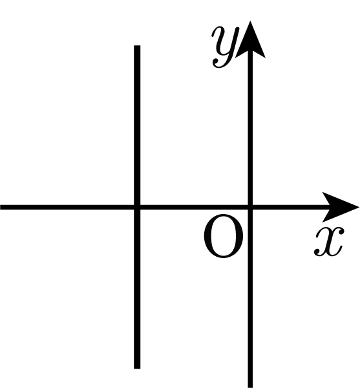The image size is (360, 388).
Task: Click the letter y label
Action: click(226, 47)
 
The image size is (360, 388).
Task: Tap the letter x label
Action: click(329, 241)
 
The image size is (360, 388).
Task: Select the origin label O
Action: click(224, 236)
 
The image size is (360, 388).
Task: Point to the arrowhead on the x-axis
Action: click(341, 207)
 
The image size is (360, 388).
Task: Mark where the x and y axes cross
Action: click(251, 207)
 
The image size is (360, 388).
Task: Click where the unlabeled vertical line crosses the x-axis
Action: click(137, 207)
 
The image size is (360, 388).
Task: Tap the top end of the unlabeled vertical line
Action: click(137, 45)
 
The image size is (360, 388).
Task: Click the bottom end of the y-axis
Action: click(251, 387)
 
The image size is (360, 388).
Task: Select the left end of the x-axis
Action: click(1, 207)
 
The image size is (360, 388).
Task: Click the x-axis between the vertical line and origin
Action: click(194, 207)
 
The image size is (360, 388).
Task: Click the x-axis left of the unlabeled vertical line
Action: click(67, 207)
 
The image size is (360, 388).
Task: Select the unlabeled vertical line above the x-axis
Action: click(137, 125)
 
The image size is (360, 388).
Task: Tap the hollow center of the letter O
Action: click(224, 236)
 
